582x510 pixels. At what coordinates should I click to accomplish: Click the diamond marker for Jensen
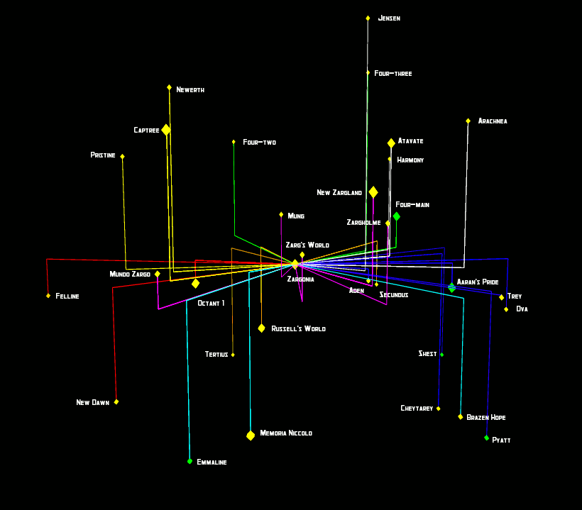click(368, 18)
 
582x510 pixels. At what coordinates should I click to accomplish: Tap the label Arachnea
click(493, 121)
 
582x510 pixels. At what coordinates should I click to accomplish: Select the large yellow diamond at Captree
click(166, 130)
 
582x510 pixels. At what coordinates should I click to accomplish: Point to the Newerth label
click(190, 90)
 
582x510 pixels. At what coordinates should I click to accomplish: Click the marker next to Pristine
click(122, 157)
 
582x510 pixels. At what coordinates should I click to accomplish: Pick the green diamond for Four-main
click(396, 216)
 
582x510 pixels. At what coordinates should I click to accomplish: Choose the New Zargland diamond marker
click(373, 192)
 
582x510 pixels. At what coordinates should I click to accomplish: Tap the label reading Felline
click(67, 296)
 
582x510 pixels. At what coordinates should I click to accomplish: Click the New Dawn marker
click(116, 401)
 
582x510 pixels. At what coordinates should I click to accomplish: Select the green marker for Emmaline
click(190, 461)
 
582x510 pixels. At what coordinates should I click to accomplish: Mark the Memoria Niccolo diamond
click(251, 436)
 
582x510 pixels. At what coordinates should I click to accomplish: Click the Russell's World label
click(298, 329)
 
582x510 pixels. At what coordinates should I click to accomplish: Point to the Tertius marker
click(233, 355)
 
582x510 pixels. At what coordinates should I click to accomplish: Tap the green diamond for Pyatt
click(486, 438)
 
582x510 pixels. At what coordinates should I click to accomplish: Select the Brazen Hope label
click(486, 418)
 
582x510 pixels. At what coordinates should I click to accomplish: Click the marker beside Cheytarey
click(438, 409)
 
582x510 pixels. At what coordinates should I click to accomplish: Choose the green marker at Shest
click(441, 355)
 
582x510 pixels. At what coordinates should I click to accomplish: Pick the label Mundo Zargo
click(130, 275)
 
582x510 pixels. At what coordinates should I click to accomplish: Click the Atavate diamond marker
click(391, 143)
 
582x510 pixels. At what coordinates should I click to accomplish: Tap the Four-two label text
click(259, 143)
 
